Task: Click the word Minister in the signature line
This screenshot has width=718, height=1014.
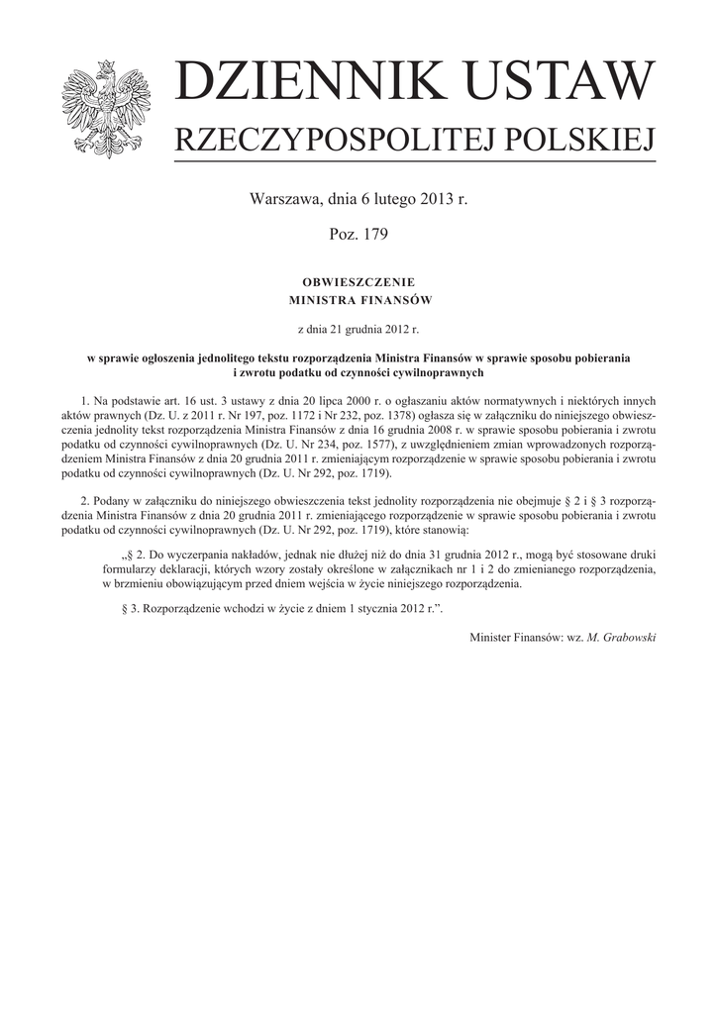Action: pyautogui.click(x=492, y=637)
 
